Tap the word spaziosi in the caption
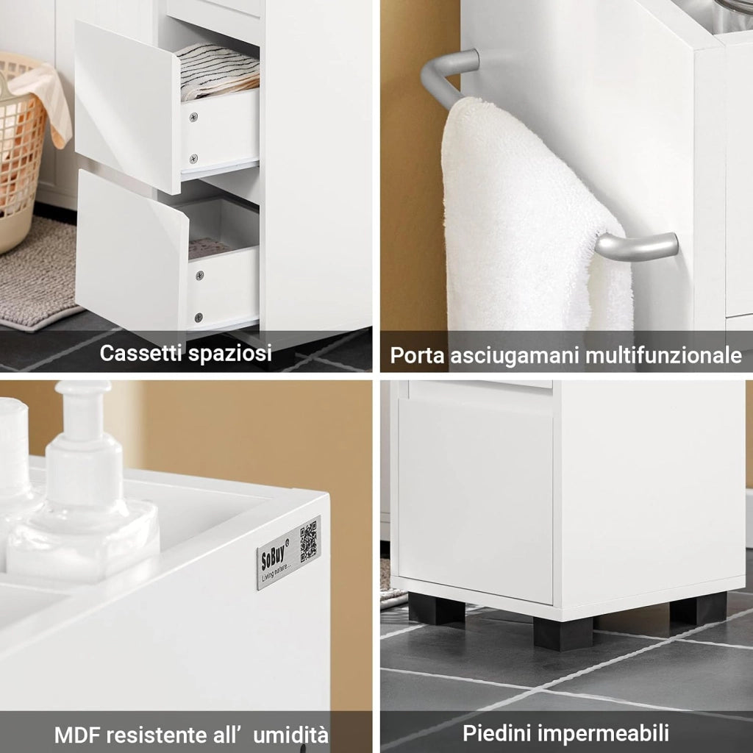click(x=229, y=354)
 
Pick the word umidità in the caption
click(x=291, y=735)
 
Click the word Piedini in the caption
click(x=497, y=733)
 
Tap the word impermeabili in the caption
click(x=603, y=734)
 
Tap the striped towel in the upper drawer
click(x=218, y=71)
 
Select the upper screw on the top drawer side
click(x=193, y=117)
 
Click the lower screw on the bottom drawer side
click(x=199, y=318)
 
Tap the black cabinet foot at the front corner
click(x=563, y=633)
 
